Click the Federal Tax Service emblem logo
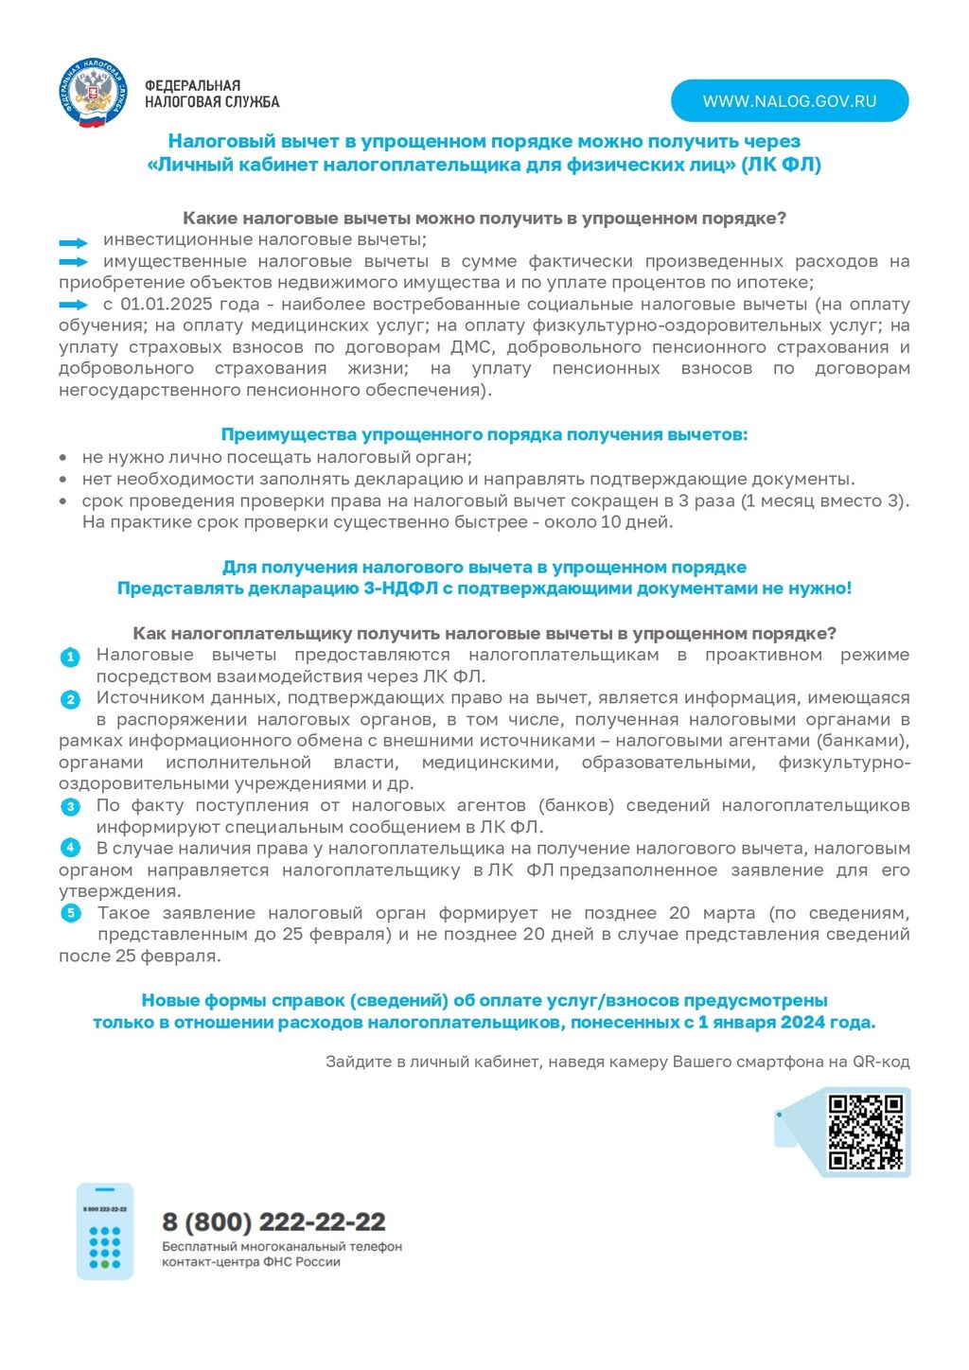point(92,93)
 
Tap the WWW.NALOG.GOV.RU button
point(789,101)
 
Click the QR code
point(865,1132)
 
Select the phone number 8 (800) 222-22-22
point(273,1221)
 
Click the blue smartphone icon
point(105,1231)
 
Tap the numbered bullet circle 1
point(70,657)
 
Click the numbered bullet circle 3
point(70,807)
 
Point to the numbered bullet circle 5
point(70,914)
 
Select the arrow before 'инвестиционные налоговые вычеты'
point(73,241)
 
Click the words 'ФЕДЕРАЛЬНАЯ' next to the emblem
point(192,86)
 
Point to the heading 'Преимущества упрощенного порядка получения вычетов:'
point(484,435)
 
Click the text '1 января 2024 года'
point(785,1023)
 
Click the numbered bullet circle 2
point(70,699)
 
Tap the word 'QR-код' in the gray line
point(881,1062)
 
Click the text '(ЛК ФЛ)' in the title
point(781,165)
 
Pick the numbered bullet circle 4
point(70,849)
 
